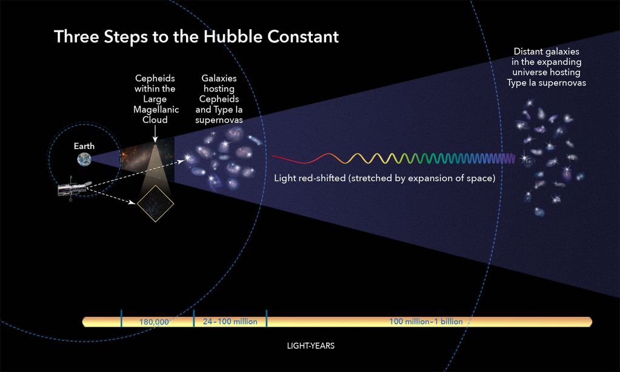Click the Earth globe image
[84, 159]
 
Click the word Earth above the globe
[84, 146]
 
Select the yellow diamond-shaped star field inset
[155, 203]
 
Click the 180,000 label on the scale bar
[154, 322]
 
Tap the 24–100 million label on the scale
[230, 322]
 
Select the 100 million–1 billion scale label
[425, 322]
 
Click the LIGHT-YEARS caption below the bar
[310, 346]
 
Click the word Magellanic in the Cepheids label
[155, 110]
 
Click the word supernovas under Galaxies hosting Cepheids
[219, 120]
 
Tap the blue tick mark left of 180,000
[121, 317]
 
